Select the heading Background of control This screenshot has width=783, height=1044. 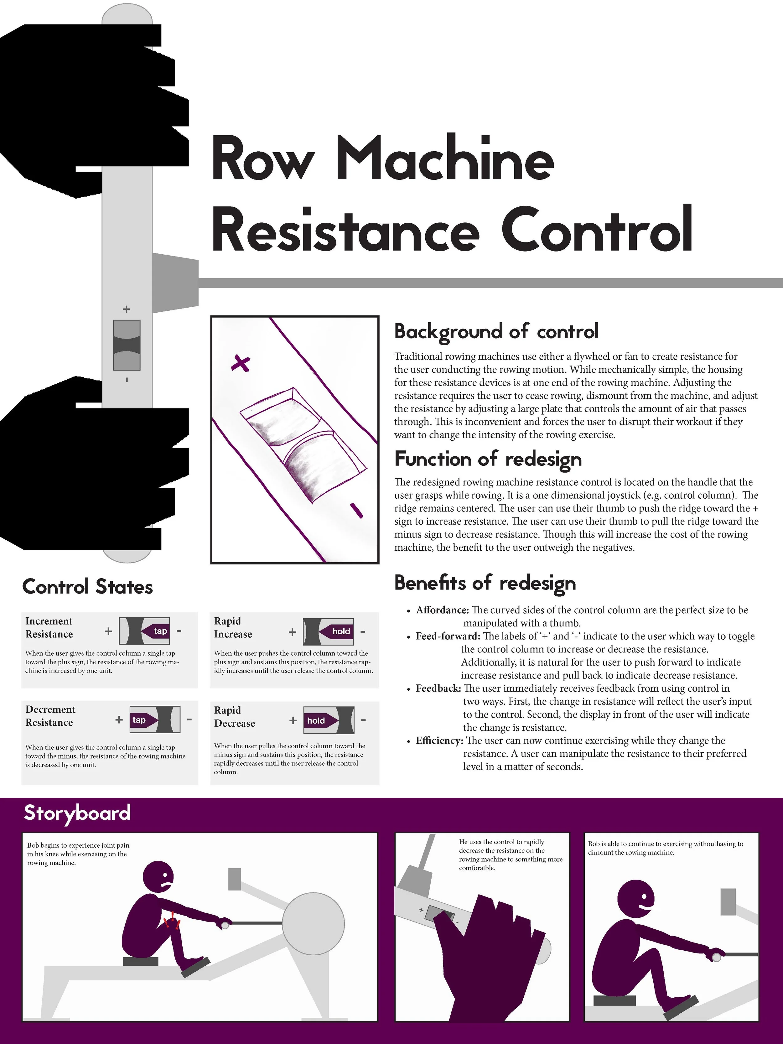pyautogui.click(x=496, y=331)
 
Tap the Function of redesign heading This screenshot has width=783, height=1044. pyautogui.click(x=488, y=459)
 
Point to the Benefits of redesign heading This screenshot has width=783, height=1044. pyautogui.click(x=485, y=583)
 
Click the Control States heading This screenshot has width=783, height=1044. pyautogui.click(x=87, y=587)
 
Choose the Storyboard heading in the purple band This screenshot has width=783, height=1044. pyautogui.click(x=77, y=813)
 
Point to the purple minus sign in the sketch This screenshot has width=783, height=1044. pyautogui.click(x=356, y=510)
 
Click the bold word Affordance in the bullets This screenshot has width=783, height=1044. pyautogui.click(x=442, y=610)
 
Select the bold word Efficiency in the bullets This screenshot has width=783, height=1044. pyautogui.click(x=439, y=740)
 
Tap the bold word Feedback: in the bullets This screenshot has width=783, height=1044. pyautogui.click(x=438, y=688)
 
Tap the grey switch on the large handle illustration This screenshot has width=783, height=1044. pyautogui.click(x=127, y=345)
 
